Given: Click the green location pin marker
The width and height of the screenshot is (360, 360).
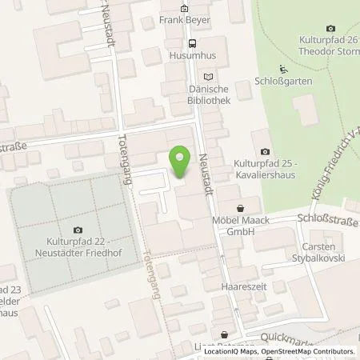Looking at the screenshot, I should click(x=182, y=161).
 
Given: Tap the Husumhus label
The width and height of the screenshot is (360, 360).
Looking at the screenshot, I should click(x=192, y=56).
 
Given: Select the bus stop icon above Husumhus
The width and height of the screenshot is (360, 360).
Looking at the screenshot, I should click(x=192, y=43).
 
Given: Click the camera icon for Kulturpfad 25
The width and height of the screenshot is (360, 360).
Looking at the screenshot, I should click(x=265, y=152).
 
